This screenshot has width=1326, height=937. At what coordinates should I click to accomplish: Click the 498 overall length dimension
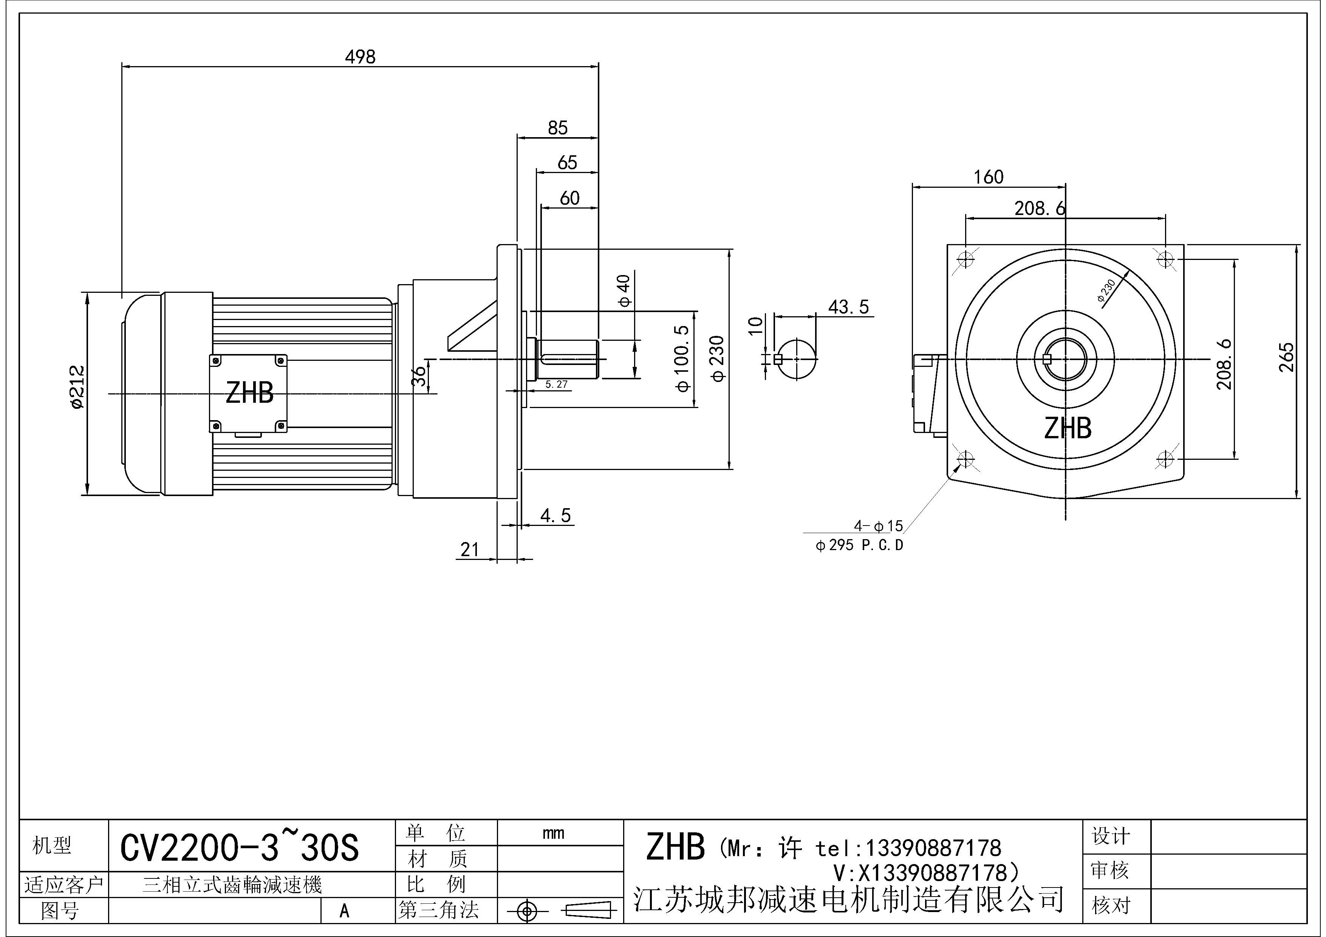pos(360,57)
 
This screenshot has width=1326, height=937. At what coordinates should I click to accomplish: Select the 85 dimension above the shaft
pos(557,128)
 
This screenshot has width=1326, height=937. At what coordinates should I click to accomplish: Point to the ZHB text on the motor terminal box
pos(249,393)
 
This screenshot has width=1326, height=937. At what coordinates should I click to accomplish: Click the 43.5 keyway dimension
pos(848,307)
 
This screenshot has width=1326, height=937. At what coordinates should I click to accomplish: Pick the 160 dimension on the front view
pos(988,177)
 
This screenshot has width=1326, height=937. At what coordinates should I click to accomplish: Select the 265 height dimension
pos(1287,357)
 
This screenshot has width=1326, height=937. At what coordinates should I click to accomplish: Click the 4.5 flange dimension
pos(555,516)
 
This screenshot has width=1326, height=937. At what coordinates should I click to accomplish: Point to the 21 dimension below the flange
pos(470,550)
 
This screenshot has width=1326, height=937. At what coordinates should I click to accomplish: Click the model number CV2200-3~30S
pos(239,847)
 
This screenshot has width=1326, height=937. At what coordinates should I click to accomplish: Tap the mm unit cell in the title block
pos(553,833)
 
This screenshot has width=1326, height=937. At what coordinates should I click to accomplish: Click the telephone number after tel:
pos(932,849)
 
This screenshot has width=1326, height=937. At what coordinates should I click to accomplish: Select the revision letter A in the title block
pos(344,911)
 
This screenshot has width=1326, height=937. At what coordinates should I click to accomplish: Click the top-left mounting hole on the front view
pos(965,259)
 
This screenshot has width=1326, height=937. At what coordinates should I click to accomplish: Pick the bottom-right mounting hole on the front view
pos(1165,459)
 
